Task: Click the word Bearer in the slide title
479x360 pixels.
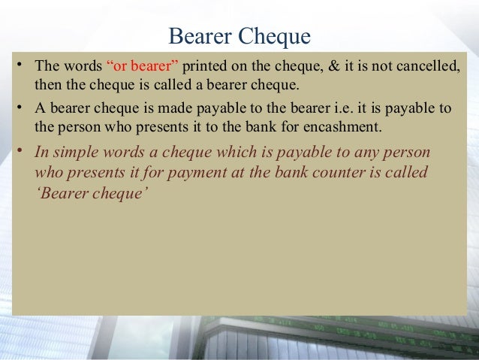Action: pyautogui.click(x=200, y=35)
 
